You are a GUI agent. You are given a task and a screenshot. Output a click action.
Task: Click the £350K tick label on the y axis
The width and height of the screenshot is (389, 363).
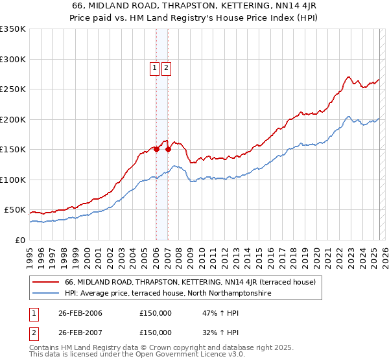tap(13, 29)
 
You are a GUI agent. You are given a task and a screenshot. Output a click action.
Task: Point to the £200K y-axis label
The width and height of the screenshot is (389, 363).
tap(13, 119)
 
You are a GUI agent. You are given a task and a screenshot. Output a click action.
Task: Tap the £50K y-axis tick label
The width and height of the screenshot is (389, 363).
tap(15, 210)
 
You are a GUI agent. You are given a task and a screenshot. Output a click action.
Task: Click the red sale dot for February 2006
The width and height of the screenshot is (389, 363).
tap(156, 149)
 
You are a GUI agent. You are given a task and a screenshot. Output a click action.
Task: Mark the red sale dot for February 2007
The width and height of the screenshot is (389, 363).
tap(168, 149)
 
